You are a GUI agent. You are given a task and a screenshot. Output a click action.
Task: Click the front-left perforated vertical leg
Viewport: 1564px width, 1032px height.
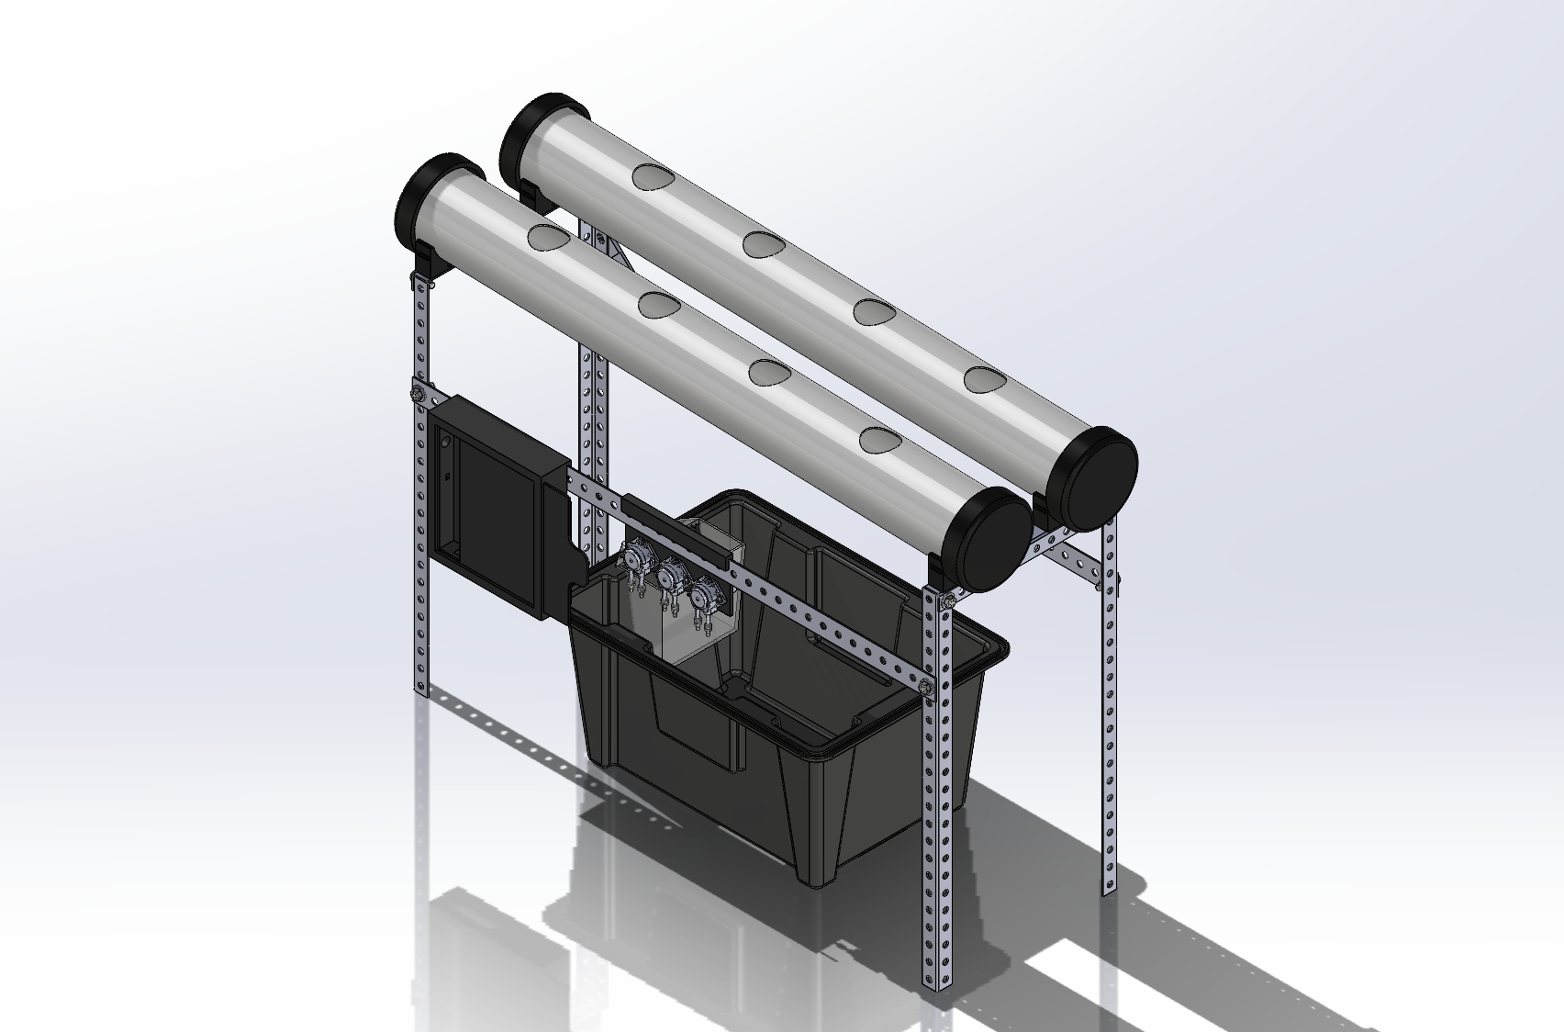click(x=420, y=514)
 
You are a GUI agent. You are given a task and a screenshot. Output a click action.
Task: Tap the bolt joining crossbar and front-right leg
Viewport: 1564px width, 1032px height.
click(x=925, y=683)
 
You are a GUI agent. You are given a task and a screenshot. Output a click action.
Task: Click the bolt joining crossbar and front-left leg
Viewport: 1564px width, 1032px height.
click(x=415, y=395)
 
